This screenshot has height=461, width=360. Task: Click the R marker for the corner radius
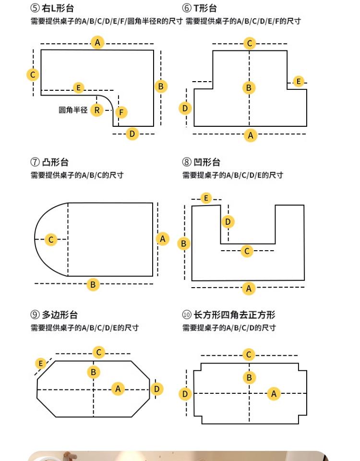(97, 110)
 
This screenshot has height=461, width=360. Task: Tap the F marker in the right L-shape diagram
(121, 112)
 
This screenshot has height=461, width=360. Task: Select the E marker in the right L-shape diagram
(79, 88)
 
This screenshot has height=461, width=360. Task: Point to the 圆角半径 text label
(73, 110)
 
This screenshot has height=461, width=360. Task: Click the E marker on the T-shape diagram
(299, 82)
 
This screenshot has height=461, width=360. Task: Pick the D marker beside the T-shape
(185, 108)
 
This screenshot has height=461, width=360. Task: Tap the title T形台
(205, 8)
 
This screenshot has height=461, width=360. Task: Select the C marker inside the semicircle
(51, 239)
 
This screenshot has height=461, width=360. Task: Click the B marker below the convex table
(93, 284)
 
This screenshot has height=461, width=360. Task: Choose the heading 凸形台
(55, 162)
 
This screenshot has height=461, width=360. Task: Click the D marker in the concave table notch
(228, 221)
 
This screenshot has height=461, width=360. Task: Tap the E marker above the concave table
(206, 198)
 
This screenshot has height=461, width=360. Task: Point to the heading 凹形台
(207, 162)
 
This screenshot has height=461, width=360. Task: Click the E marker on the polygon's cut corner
(41, 364)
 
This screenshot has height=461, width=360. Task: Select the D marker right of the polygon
(156, 389)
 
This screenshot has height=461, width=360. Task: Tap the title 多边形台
(60, 315)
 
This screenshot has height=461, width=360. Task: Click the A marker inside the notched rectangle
(274, 394)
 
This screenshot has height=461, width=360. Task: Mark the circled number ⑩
(187, 315)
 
